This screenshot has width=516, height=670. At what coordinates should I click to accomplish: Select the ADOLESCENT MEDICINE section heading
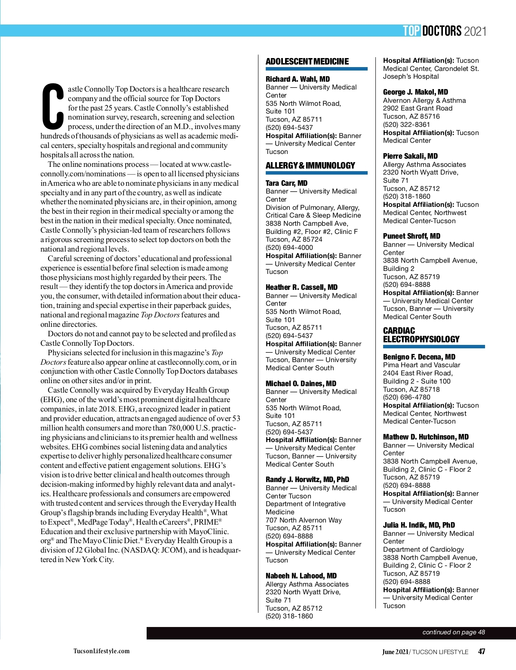pos(307,61)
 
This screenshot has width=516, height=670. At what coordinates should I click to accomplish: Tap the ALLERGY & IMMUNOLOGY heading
pos(310,166)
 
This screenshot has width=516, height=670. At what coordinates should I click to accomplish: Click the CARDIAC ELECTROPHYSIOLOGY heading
pos(421,335)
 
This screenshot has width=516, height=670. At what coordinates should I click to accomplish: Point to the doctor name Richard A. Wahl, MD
pos(298,79)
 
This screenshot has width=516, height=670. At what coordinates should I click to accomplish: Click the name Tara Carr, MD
pos(286,183)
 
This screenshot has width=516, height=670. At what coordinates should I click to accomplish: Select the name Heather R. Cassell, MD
pos(301,287)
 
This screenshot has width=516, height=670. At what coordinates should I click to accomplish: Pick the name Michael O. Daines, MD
pos(301,384)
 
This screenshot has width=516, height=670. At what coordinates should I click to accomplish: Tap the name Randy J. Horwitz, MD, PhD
pos(307,479)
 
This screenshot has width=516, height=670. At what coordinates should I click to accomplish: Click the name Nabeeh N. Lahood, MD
pos(301,576)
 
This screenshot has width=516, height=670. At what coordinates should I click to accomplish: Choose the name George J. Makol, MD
pos(415,92)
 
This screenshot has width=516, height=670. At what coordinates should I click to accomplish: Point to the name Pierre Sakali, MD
pos(410,156)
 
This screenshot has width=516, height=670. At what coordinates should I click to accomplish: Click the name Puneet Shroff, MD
pos(412,236)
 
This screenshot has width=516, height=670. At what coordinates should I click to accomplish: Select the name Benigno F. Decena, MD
pos(419,357)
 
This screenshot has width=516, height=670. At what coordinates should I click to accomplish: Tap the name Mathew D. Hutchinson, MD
pos(426,437)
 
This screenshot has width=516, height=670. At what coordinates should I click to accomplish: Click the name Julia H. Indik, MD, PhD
pos(419,525)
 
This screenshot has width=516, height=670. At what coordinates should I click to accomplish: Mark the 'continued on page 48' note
pos(454,632)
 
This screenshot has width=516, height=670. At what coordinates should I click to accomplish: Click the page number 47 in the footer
pos(482,652)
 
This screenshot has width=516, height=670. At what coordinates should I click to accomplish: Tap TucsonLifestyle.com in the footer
pos(101,651)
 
